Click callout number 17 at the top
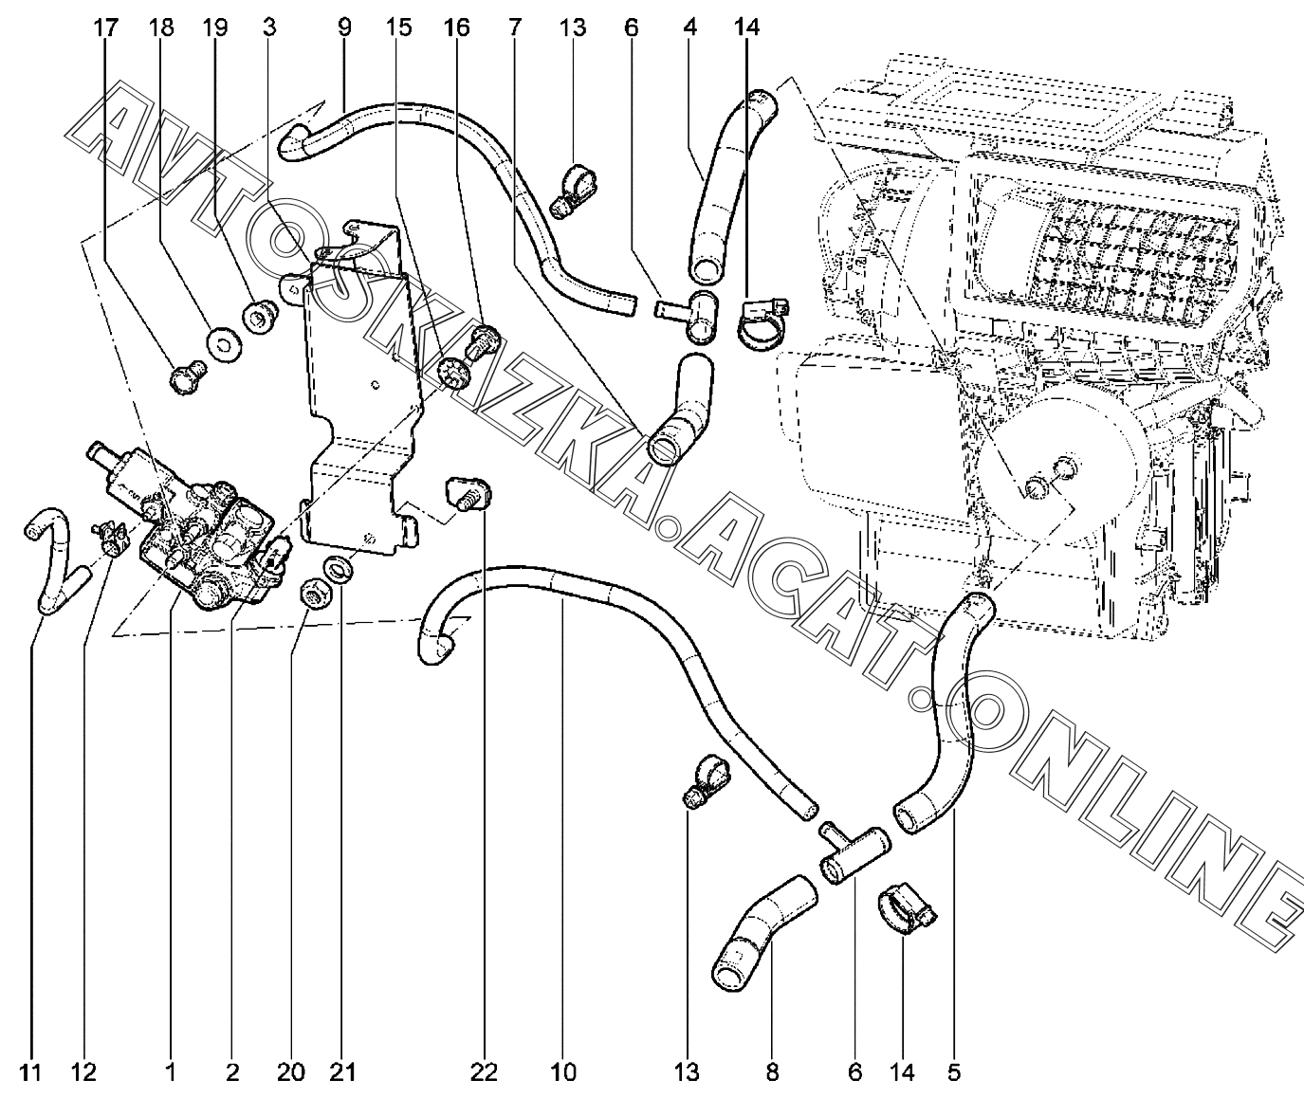click(106, 28)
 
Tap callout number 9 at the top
click(343, 28)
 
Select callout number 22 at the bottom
click(483, 1072)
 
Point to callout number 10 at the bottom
click(562, 1072)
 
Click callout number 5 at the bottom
click(953, 1072)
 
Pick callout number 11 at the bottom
click(31, 1072)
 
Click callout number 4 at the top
click(690, 28)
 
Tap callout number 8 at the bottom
click(772, 1072)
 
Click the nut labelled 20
click(312, 595)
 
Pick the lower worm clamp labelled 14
click(906, 910)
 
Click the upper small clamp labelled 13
click(573, 188)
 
